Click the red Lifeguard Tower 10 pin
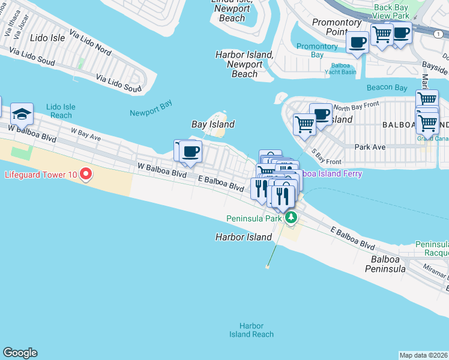pos(86,175)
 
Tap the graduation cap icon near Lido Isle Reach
pos(22,113)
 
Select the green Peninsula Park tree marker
pos(291,217)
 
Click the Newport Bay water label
pos(151,108)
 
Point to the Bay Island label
pos(212,124)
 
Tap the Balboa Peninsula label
pos(393,264)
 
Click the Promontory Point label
pos(337,26)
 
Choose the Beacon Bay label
pos(387,88)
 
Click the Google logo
pos(19,353)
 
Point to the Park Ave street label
pos(369,146)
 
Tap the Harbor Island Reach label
pos(251,330)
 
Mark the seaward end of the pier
pos(267,266)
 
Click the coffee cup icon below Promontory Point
pos(358,43)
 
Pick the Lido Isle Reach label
pos(61,110)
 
